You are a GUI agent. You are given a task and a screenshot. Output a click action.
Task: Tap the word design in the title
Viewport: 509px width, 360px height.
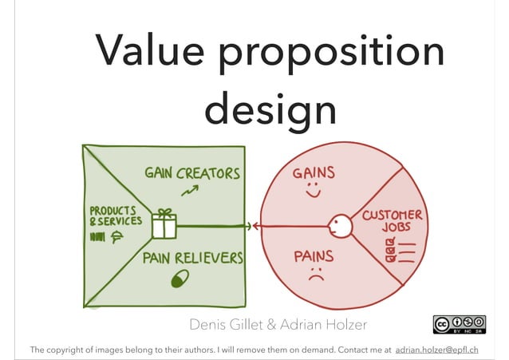coord(270,110)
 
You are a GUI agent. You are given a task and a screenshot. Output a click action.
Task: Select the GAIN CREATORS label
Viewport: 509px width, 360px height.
coord(191,173)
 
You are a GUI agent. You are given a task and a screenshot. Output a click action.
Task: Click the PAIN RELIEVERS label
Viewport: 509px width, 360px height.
coord(193,259)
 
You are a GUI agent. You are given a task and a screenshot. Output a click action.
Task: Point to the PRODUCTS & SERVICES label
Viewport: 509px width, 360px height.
coord(116,216)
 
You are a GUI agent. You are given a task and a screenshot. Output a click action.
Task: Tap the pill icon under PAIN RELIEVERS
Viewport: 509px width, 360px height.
coord(180,278)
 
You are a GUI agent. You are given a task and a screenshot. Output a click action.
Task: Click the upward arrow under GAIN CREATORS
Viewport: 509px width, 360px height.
coord(190,190)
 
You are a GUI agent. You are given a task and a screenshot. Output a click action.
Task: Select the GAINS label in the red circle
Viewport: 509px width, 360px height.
coord(314,173)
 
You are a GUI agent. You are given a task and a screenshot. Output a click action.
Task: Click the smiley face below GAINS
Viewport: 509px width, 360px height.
coord(312,192)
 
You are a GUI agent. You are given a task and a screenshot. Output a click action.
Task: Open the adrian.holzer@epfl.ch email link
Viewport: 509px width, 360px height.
coord(436,350)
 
